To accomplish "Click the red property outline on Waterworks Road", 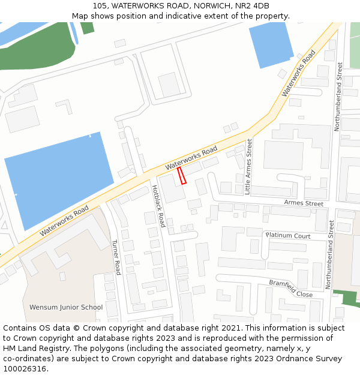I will (x=182, y=175).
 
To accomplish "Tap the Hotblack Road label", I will (x=158, y=206).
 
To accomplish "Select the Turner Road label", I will (x=116, y=257).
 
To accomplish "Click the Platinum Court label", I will (x=288, y=236).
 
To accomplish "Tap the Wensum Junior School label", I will (x=66, y=307).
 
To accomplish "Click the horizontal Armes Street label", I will (x=304, y=203).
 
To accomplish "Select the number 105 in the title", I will (x=100, y=6).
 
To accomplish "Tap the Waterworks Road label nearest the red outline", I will (x=191, y=157).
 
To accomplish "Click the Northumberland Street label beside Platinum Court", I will (x=329, y=254).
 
